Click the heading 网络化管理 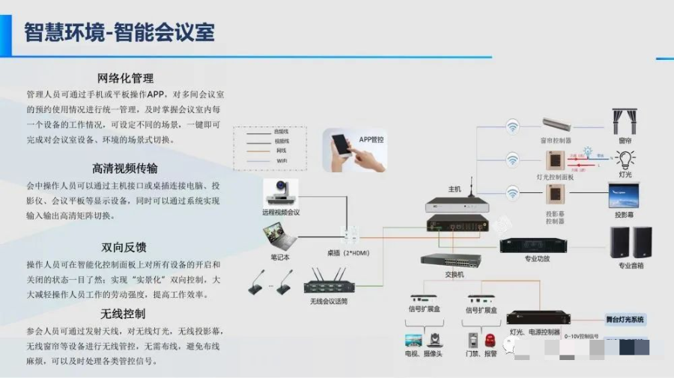click(126, 79)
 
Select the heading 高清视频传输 click(126, 168)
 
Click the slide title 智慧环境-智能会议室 click(120, 33)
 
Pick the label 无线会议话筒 click(329, 302)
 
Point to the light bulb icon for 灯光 click(624, 158)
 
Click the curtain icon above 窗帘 click(624, 122)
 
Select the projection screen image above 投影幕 click(624, 196)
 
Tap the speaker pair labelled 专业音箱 click(631, 243)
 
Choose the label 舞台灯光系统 click(625, 320)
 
